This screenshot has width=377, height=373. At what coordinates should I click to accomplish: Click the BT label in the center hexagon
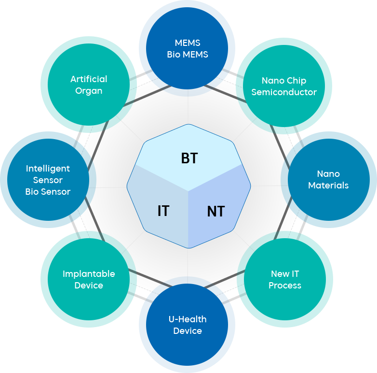coord(189,158)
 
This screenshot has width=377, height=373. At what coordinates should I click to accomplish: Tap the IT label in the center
coord(163,211)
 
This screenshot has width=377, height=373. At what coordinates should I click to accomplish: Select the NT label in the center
coord(216,211)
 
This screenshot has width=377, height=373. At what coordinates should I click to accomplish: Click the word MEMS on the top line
coord(188,43)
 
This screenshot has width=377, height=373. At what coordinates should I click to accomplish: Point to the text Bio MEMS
coord(188,55)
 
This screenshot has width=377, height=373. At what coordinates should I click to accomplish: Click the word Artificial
coord(89,79)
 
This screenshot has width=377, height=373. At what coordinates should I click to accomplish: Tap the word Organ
coord(89,90)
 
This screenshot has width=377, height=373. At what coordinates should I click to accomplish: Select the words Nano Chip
coord(284,80)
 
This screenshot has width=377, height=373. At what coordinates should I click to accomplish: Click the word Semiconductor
coord(284,92)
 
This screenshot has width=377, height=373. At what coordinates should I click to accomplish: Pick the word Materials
coord(328,185)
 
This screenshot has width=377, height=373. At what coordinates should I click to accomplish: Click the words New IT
coord(285,273)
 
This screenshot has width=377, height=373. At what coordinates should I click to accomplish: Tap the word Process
coord(285,285)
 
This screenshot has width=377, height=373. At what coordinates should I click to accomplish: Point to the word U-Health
coord(188,319)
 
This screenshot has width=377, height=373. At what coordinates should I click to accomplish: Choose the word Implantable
coord(89,273)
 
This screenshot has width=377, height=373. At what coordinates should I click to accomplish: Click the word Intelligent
coord(48,168)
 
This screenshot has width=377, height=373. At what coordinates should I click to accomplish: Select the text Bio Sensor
coord(48,191)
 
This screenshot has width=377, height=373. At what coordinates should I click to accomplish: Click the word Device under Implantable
coord(89,285)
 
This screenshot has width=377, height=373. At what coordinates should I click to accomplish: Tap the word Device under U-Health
coord(188,330)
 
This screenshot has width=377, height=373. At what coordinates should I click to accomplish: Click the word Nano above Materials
coord(328,173)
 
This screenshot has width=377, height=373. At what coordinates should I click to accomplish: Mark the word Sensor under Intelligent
coord(48,180)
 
